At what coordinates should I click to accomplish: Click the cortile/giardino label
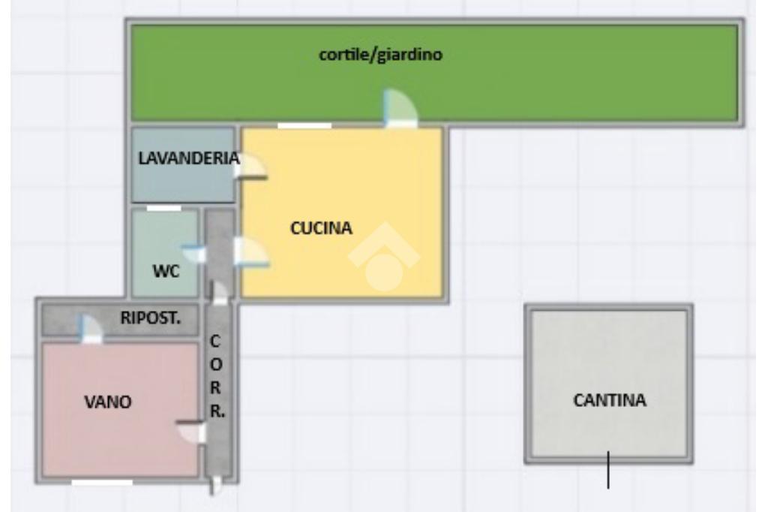380,56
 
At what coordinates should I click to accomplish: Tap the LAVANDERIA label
188,158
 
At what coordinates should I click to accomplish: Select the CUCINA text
320,228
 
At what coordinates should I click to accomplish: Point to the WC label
166,272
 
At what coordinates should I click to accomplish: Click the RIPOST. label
151,317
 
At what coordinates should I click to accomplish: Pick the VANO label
108,402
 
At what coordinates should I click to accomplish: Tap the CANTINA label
609,400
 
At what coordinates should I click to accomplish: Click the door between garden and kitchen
399,110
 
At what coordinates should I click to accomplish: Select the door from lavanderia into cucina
250,167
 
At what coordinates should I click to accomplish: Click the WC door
194,254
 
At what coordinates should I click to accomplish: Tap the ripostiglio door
89,329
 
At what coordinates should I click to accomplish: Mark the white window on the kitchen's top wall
304,125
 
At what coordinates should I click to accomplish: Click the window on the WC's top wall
163,208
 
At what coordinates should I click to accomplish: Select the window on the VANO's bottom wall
101,483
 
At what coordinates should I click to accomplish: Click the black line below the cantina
607,470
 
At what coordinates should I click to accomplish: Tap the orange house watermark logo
384,258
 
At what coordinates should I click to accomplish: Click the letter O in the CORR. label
215,364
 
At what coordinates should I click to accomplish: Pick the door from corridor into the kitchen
250,253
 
